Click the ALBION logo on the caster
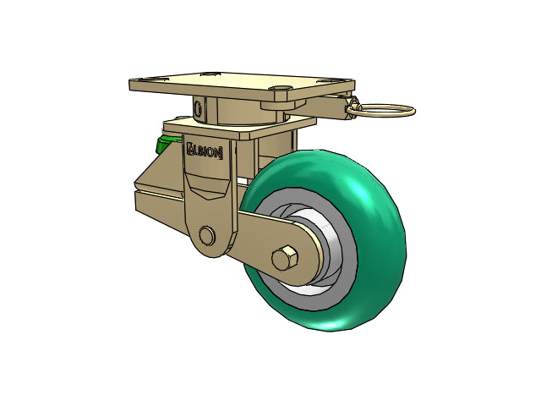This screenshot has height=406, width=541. pyautogui.click(x=205, y=151)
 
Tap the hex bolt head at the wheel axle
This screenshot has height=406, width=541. pyautogui.click(x=285, y=259)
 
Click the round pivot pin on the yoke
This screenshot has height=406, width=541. pyautogui.click(x=206, y=236)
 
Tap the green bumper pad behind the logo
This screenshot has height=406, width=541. pyautogui.click(x=166, y=144)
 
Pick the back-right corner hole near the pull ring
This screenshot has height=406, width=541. pyautogui.click(x=327, y=81)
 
